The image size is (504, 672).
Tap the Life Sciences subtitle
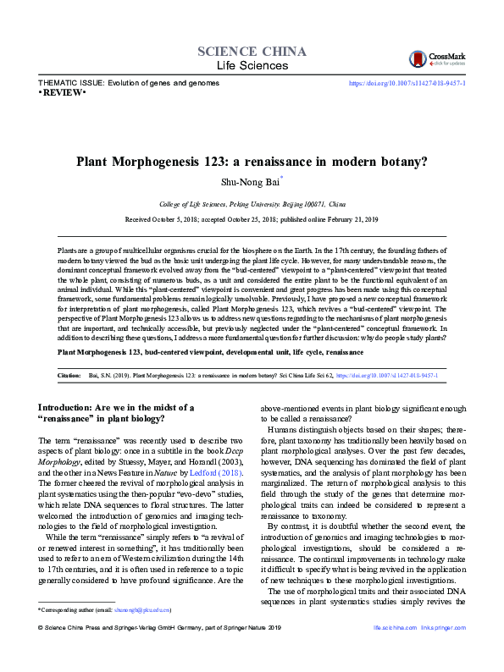252,66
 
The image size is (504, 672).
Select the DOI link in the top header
407,83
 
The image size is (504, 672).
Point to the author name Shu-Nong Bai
250,180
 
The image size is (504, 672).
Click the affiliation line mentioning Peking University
252,204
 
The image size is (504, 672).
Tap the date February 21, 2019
351,219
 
